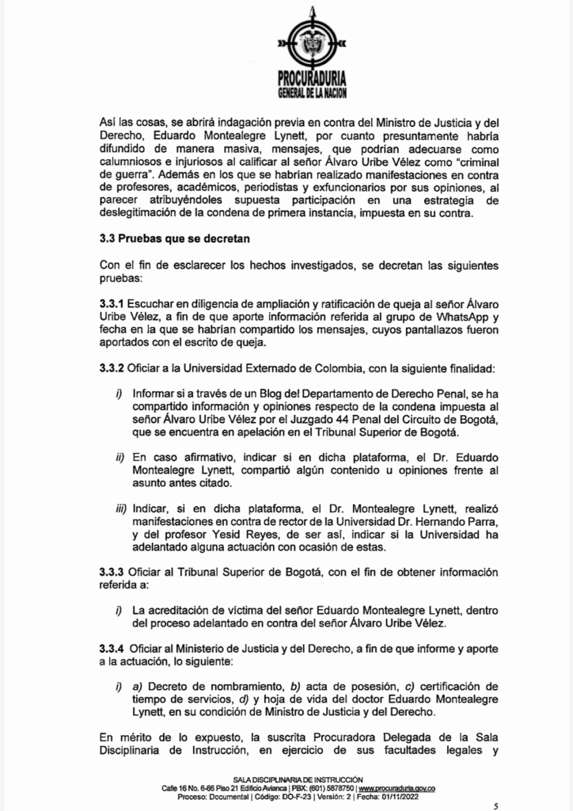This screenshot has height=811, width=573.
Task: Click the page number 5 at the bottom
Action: (496, 805)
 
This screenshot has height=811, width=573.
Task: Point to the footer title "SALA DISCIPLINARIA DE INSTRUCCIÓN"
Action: (297, 780)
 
